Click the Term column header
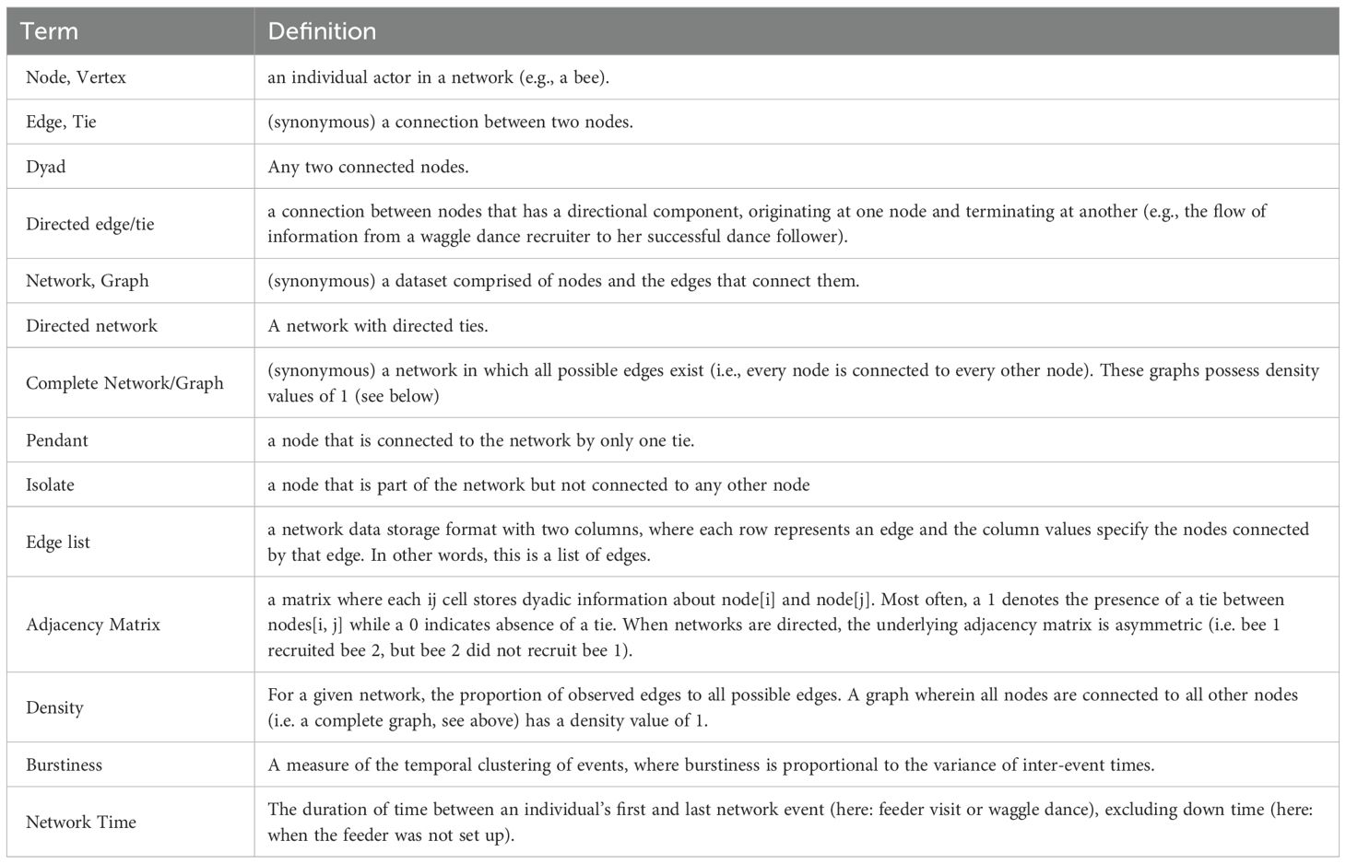click(49, 31)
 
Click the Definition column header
click(322, 31)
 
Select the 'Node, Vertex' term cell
click(76, 77)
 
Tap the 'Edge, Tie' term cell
click(61, 122)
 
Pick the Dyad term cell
click(46, 167)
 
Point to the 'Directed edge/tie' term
click(89, 224)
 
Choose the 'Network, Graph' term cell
click(87, 281)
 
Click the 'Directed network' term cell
click(91, 326)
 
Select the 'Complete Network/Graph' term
click(124, 383)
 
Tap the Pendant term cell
click(57, 440)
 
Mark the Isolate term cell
click(50, 485)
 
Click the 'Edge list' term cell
click(58, 542)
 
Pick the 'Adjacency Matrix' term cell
click(93, 625)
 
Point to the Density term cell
click(54, 707)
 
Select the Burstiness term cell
click(64, 765)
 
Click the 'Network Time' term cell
click(81, 822)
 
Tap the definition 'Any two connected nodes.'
click(368, 167)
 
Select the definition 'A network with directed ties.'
click(383, 326)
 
